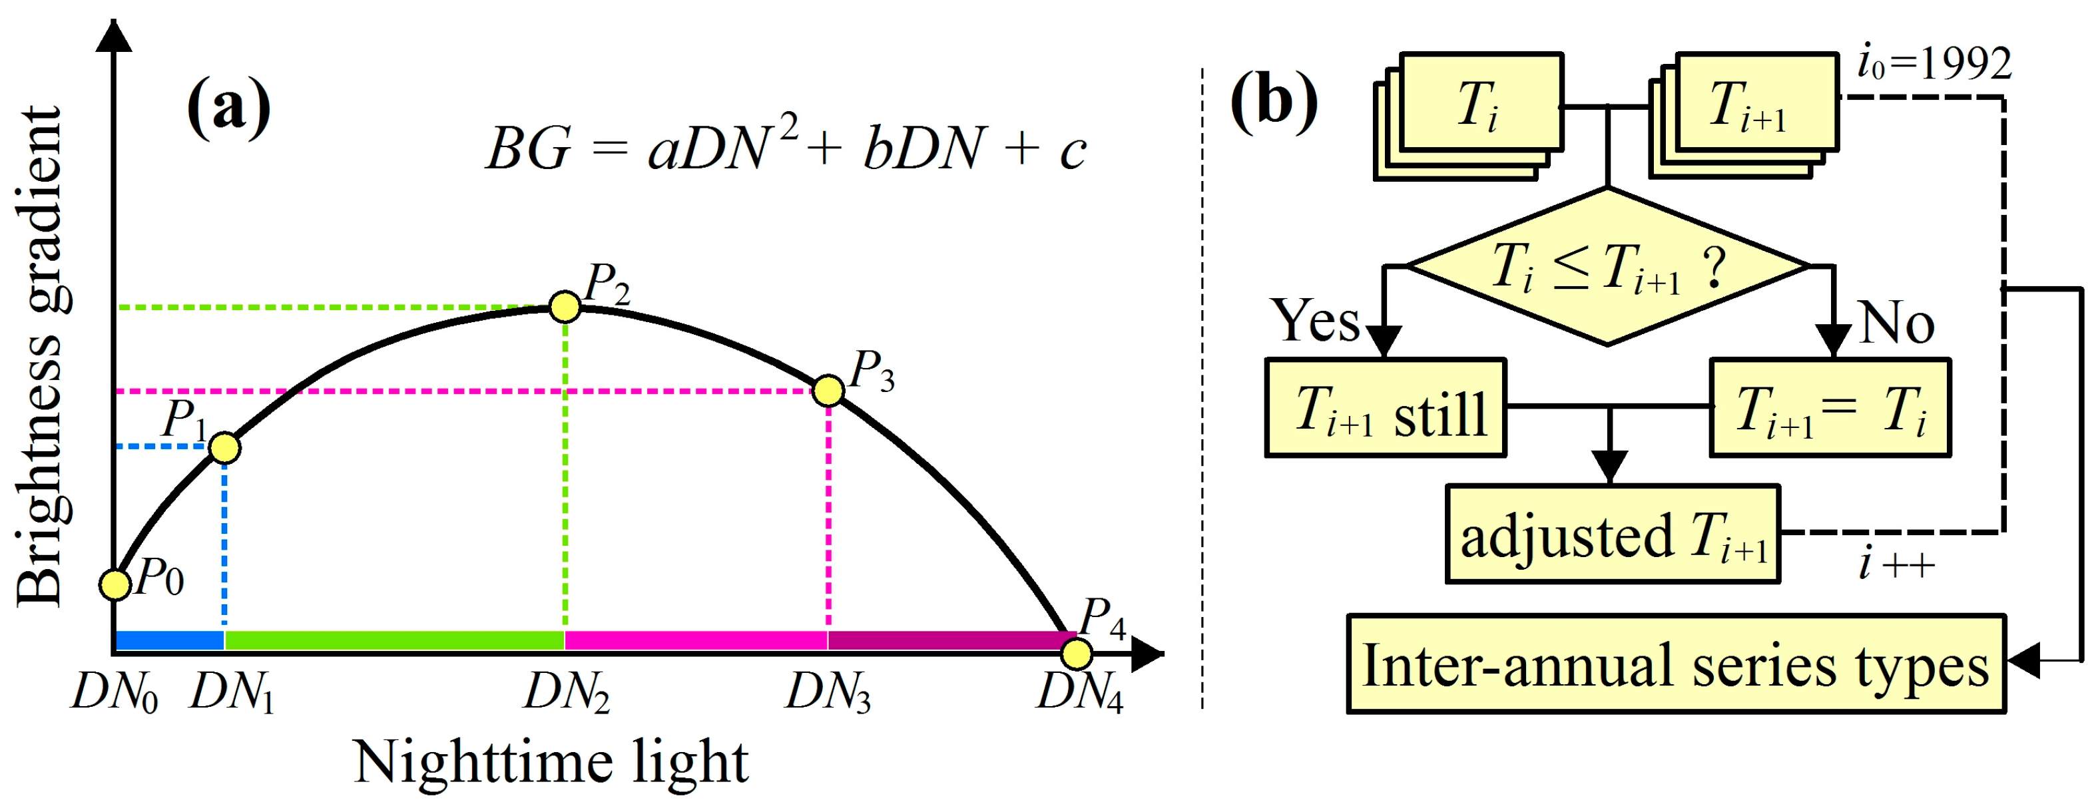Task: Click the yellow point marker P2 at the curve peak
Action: [565, 307]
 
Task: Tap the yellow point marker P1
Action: [224, 447]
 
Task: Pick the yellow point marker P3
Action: [828, 391]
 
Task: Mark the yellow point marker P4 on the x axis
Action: [1077, 654]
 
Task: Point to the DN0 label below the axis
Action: [115, 694]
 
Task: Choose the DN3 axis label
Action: [828, 694]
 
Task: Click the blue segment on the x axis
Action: [170, 640]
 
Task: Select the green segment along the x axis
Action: [395, 640]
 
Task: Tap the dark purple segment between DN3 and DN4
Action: [948, 640]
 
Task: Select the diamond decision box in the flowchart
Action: [1608, 267]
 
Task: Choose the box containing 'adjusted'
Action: [1613, 534]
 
